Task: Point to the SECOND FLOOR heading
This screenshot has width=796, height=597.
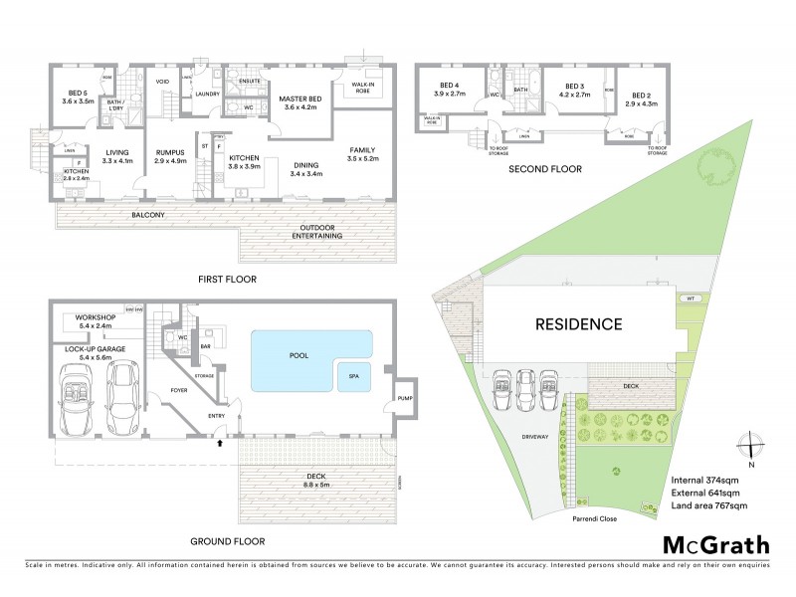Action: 544,169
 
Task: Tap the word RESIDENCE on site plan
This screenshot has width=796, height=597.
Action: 579,323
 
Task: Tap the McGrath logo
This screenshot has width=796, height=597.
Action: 715,544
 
